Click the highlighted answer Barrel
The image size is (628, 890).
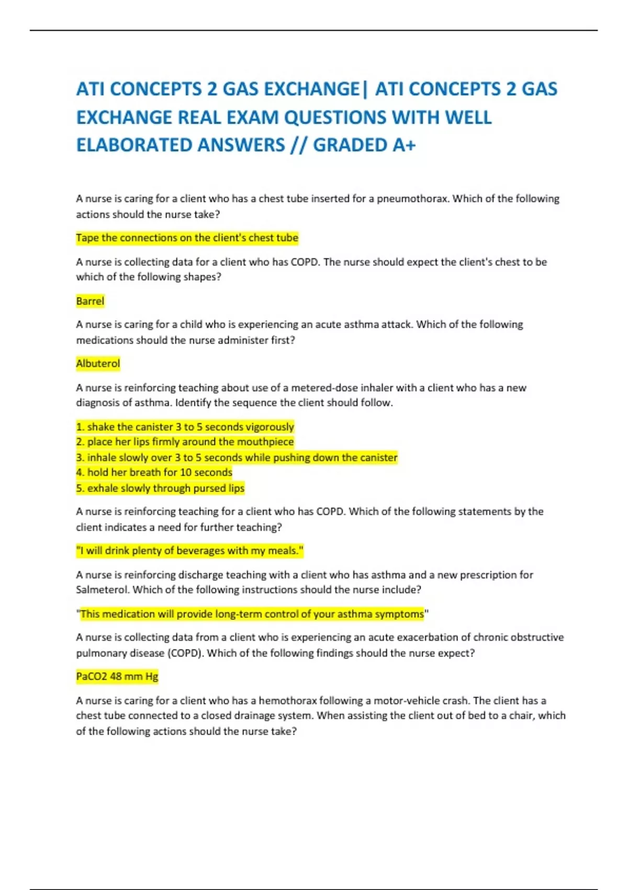click(90, 301)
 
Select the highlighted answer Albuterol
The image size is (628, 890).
click(98, 363)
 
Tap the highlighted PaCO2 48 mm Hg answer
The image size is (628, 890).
click(117, 676)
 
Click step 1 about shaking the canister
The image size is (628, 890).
click(185, 427)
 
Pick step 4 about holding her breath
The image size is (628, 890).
click(154, 472)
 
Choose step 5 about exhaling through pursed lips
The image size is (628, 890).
click(160, 488)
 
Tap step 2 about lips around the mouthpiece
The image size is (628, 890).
click(185, 442)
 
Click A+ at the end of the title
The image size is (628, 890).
click(403, 145)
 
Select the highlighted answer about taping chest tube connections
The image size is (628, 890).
click(187, 238)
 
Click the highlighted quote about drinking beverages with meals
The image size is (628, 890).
click(190, 551)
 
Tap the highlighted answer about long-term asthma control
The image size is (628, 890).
click(252, 614)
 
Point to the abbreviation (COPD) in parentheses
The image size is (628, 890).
click(184, 653)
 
